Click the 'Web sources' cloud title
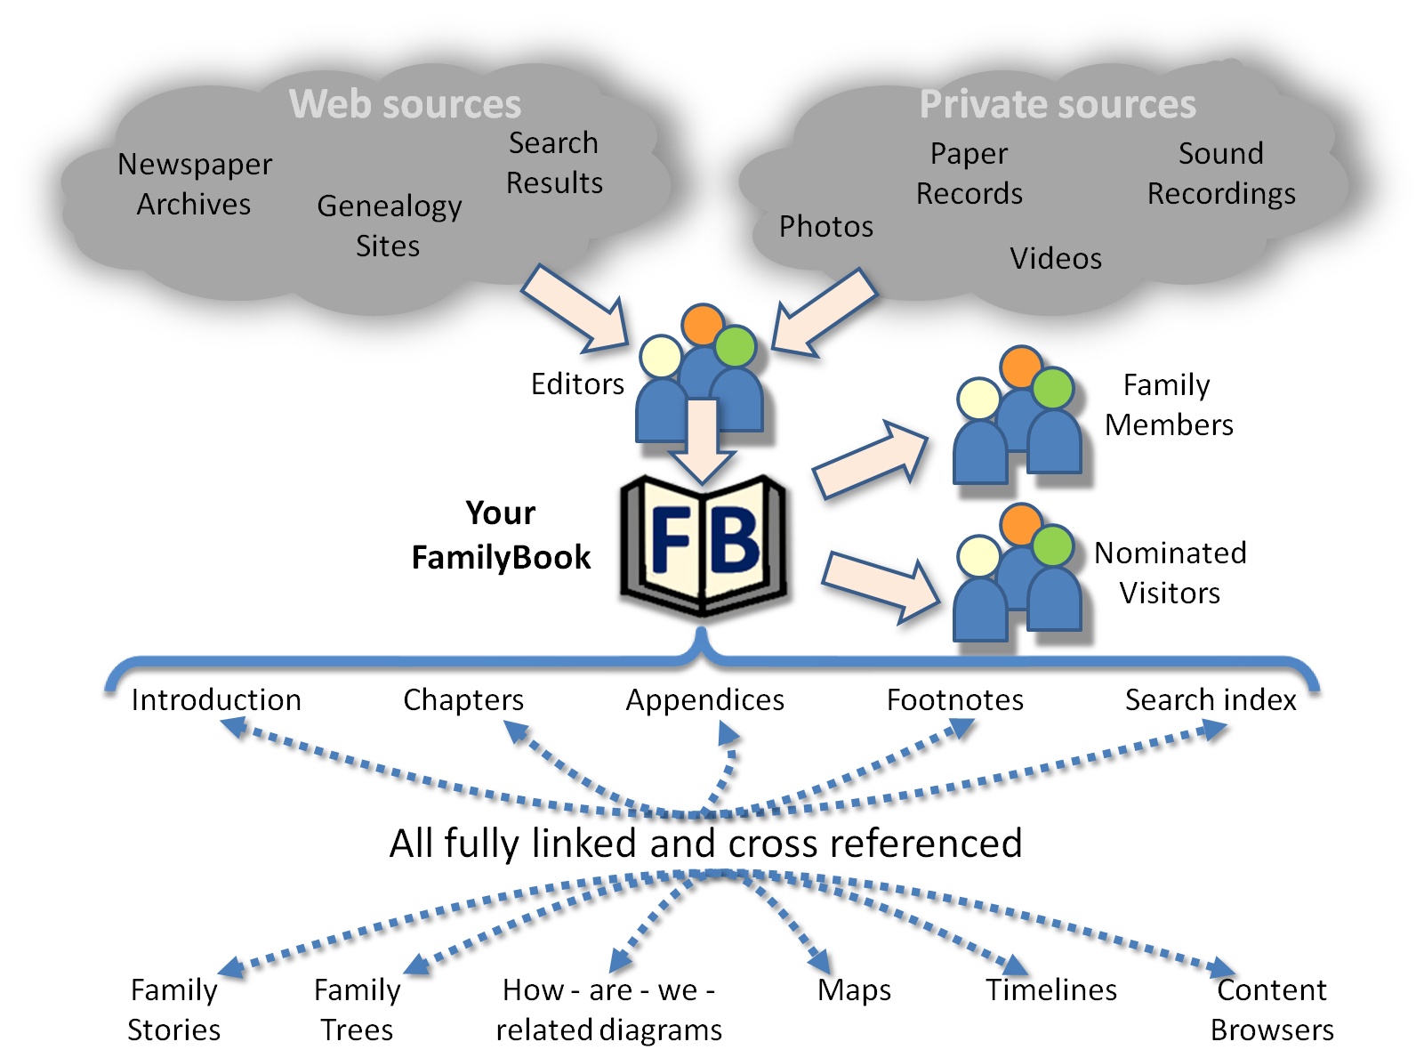coord(405,104)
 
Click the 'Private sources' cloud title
coord(1058,104)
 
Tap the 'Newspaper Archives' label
coord(195,184)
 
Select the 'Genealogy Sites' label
coord(389,225)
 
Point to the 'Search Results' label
coord(554,163)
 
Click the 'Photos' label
coord(826,227)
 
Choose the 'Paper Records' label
coord(969,174)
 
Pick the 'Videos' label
coord(1056,259)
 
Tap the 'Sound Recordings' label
coord(1221,174)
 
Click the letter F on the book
coord(672,541)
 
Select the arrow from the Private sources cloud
coord(823,312)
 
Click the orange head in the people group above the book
coord(704,324)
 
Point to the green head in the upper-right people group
coord(1053,388)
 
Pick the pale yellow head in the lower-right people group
coord(978,557)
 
